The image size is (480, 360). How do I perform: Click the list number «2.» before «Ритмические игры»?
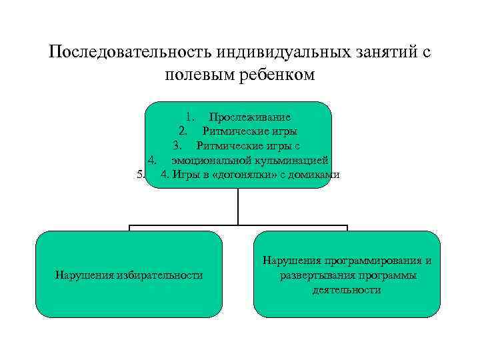[183, 131]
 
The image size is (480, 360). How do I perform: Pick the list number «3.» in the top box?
[177, 145]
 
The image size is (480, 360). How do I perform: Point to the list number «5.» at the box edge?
[140, 175]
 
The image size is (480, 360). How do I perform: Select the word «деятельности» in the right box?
[347, 290]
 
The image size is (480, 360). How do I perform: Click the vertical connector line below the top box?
[238, 207]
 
